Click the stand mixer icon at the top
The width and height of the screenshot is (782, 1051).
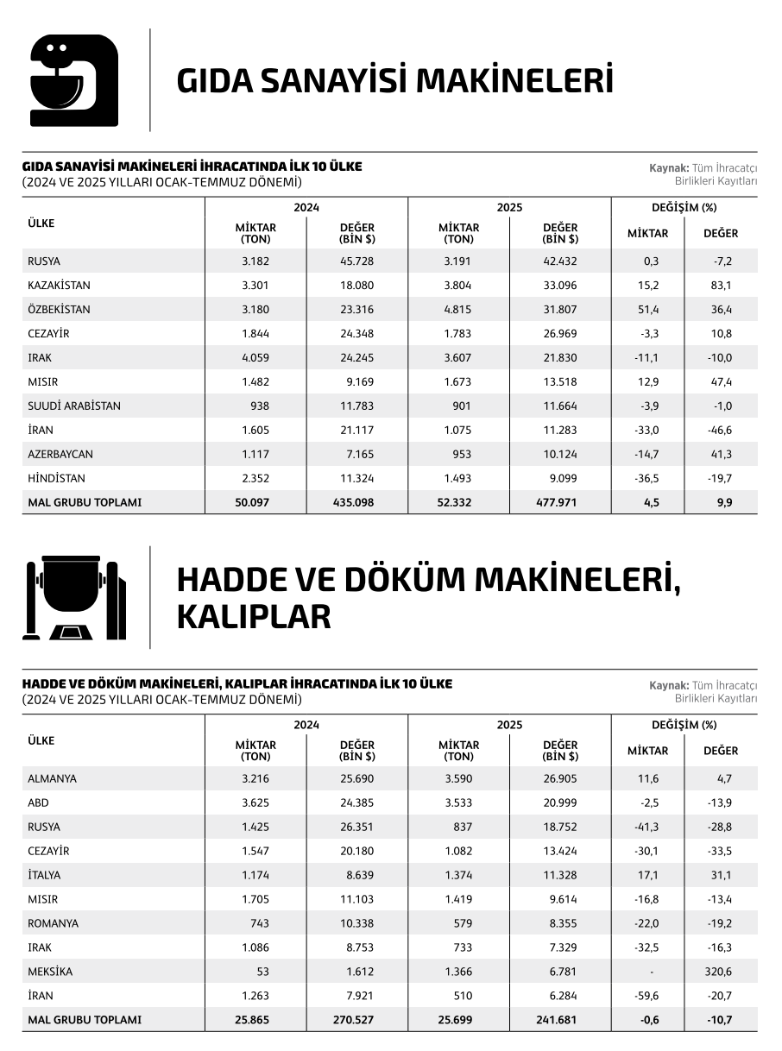click(x=73, y=80)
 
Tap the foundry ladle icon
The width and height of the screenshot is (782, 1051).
click(x=73, y=597)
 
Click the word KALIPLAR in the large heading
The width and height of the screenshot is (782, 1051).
click(x=254, y=617)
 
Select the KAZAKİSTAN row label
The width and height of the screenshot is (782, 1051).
click(x=59, y=285)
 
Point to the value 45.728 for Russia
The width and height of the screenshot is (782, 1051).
click(x=356, y=261)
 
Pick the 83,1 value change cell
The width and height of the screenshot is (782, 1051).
click(x=720, y=285)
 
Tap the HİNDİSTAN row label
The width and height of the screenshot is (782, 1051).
click(x=56, y=478)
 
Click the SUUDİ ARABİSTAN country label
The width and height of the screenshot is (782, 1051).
click(x=74, y=406)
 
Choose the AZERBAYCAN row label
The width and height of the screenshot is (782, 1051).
click(x=60, y=454)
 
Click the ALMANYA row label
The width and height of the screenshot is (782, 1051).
click(x=52, y=778)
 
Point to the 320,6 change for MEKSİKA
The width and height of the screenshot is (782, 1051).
click(x=718, y=972)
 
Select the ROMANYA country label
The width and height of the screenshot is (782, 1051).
click(x=53, y=923)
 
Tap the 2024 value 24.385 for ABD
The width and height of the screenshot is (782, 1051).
click(x=356, y=802)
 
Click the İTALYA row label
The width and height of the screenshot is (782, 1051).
click(x=46, y=875)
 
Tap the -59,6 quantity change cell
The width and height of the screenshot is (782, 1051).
click(x=647, y=996)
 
